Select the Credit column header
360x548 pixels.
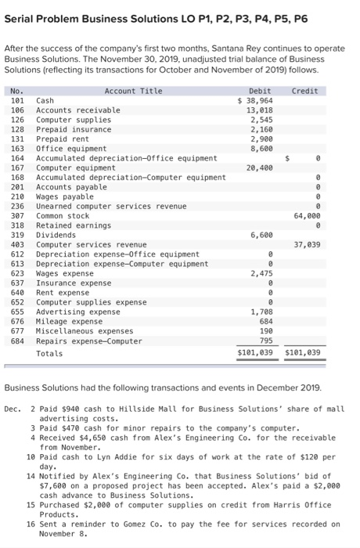pyautogui.click(x=304, y=91)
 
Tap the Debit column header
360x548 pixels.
pyautogui.click(x=259, y=91)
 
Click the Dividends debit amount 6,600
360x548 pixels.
pyautogui.click(x=261, y=234)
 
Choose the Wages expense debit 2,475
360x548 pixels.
pyautogui.click(x=261, y=272)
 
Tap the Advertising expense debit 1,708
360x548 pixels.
pyautogui.click(x=261, y=311)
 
